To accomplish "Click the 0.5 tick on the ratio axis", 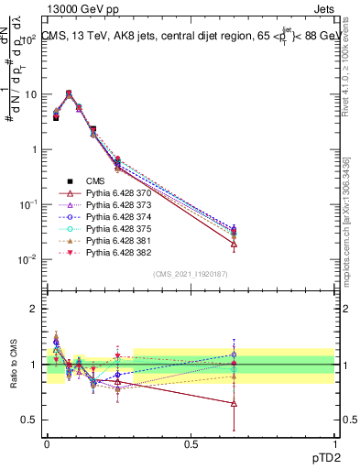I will coord(30,420).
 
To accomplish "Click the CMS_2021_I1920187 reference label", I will coord(190,274).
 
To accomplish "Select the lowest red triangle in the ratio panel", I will coord(235,403).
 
